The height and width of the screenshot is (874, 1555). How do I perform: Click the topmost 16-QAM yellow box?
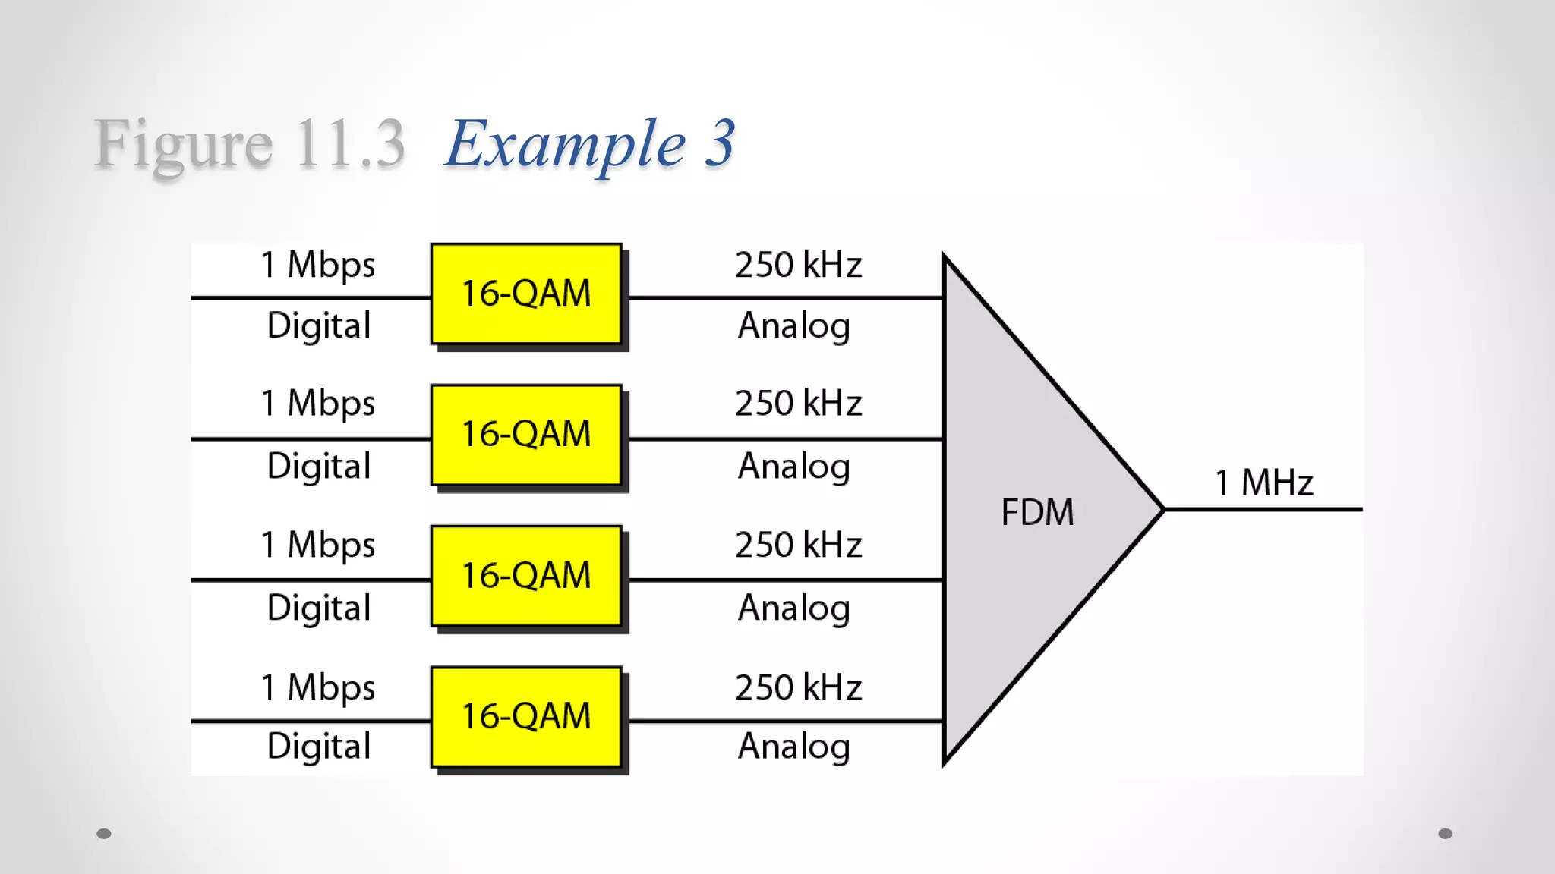526,294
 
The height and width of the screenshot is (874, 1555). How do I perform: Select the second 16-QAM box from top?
526,435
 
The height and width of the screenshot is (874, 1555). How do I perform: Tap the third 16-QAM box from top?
526,576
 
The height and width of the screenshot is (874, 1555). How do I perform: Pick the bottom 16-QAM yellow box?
526,716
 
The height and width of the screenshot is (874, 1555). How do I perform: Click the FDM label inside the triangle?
1037,512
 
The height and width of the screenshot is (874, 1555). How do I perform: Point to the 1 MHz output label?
1263,483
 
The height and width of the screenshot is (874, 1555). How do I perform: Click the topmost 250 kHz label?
798,265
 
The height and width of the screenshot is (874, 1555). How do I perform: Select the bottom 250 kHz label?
798,687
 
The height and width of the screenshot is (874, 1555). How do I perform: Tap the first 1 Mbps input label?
318,265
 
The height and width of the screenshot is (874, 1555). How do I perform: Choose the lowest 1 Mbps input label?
318,687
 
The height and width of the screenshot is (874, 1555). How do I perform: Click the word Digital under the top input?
319,325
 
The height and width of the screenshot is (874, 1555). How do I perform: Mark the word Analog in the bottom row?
794,747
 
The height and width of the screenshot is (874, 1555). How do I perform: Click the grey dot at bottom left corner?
104,834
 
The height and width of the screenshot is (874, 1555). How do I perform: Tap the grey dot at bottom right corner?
1446,834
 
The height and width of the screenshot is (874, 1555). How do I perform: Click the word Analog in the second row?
794,466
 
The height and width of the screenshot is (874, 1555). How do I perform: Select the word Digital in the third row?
319,608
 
